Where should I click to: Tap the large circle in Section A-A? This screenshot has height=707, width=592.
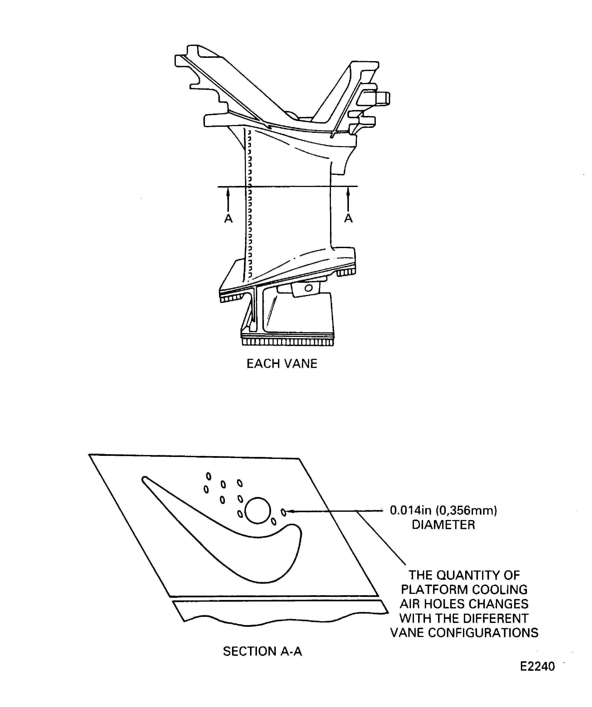(x=258, y=510)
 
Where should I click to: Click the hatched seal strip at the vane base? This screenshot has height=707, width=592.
(x=287, y=342)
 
